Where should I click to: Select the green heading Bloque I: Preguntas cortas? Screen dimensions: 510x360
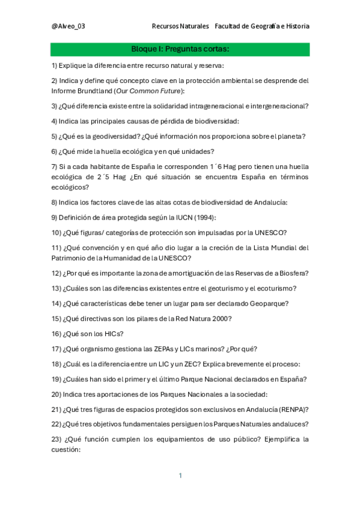tap(180, 49)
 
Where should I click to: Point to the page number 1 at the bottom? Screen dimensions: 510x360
tap(180, 476)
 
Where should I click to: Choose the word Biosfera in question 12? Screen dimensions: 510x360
tap(293, 273)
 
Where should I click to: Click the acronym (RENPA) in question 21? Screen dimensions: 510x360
tap(290, 409)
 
